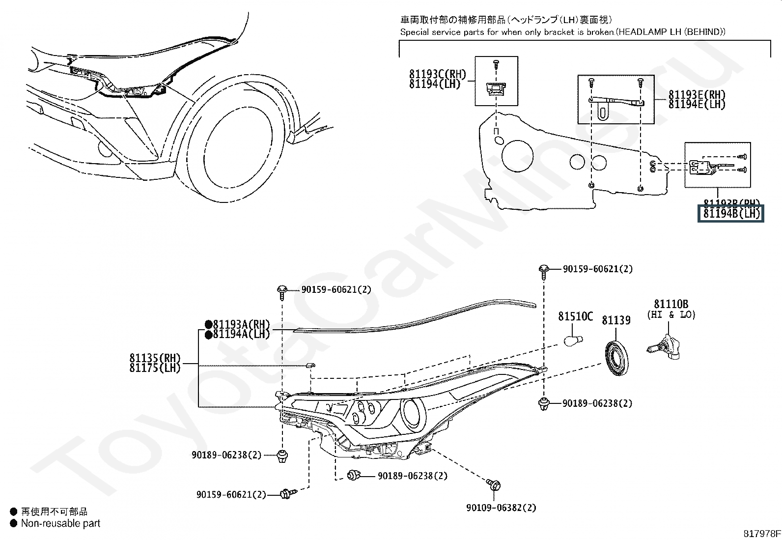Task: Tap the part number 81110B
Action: click(x=670, y=305)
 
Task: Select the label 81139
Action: click(x=616, y=320)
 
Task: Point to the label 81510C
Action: click(x=575, y=316)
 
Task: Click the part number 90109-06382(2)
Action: click(x=502, y=508)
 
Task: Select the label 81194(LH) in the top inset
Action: click(x=435, y=84)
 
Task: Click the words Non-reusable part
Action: click(x=60, y=524)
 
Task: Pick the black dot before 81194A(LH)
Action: click(x=208, y=335)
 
